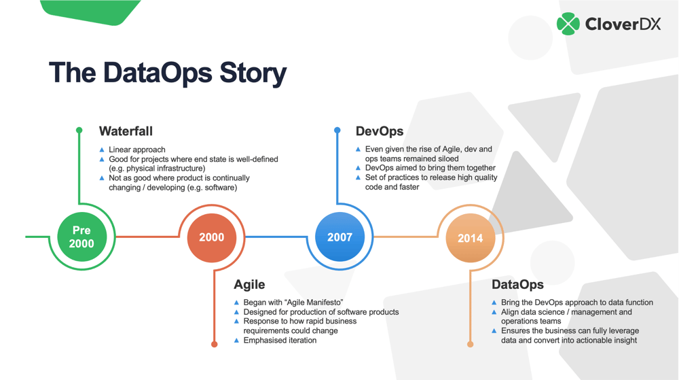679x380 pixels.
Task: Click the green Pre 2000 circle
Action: pos(81,237)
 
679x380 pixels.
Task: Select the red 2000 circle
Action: pos(211,237)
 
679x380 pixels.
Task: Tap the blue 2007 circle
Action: pos(339,237)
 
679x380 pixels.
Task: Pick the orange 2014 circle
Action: pos(470,238)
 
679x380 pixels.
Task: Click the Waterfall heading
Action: pos(126,131)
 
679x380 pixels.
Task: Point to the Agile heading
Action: pos(249,285)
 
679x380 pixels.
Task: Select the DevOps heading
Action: pos(380,131)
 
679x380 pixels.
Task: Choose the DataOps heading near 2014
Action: pos(517,285)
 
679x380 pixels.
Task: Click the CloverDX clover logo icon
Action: pos(568,24)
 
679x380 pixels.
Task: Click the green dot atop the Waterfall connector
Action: pos(79,130)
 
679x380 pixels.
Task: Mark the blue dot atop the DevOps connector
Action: pos(337,130)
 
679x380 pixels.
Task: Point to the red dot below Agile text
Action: pos(215,344)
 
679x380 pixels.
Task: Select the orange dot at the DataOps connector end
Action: pos(470,344)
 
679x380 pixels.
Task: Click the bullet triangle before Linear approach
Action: pos(102,150)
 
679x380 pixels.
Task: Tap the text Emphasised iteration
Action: pos(280,340)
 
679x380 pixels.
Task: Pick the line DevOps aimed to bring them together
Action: pos(430,168)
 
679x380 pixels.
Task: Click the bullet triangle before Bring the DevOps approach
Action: pos(494,303)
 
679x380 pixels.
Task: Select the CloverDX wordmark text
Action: pos(623,25)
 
